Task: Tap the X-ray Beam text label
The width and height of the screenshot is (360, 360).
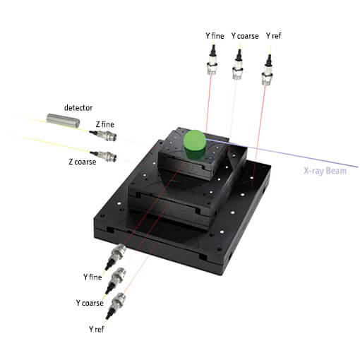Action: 325,171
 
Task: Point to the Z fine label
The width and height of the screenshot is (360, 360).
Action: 106,124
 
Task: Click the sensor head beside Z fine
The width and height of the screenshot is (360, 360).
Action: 106,136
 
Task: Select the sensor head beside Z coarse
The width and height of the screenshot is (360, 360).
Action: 105,155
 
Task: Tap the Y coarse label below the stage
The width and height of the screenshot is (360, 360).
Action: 90,303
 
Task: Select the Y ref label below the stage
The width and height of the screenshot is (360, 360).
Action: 98,329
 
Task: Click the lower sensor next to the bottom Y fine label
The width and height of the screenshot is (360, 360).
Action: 117,253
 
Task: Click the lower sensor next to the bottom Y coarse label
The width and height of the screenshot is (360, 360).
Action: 117,277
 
